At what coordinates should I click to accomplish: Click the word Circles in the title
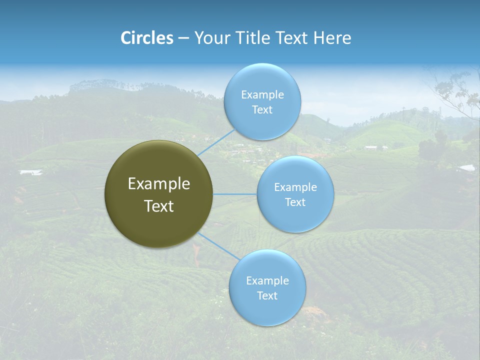tap(146, 38)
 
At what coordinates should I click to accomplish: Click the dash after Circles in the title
tap(183, 38)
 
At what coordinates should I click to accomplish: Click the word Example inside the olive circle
tap(158, 184)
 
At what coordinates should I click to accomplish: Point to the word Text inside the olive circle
tap(158, 206)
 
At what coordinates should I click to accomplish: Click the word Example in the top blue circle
tap(262, 94)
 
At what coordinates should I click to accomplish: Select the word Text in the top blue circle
tap(262, 109)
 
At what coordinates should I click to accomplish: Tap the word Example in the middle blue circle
tap(295, 187)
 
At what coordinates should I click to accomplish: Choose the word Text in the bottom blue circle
tap(267, 295)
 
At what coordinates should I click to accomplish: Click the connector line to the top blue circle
tap(216, 142)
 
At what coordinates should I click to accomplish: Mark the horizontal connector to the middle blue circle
tap(234, 194)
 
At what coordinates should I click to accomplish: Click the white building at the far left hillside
tap(30, 172)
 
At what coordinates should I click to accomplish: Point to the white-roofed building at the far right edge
tap(467, 168)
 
